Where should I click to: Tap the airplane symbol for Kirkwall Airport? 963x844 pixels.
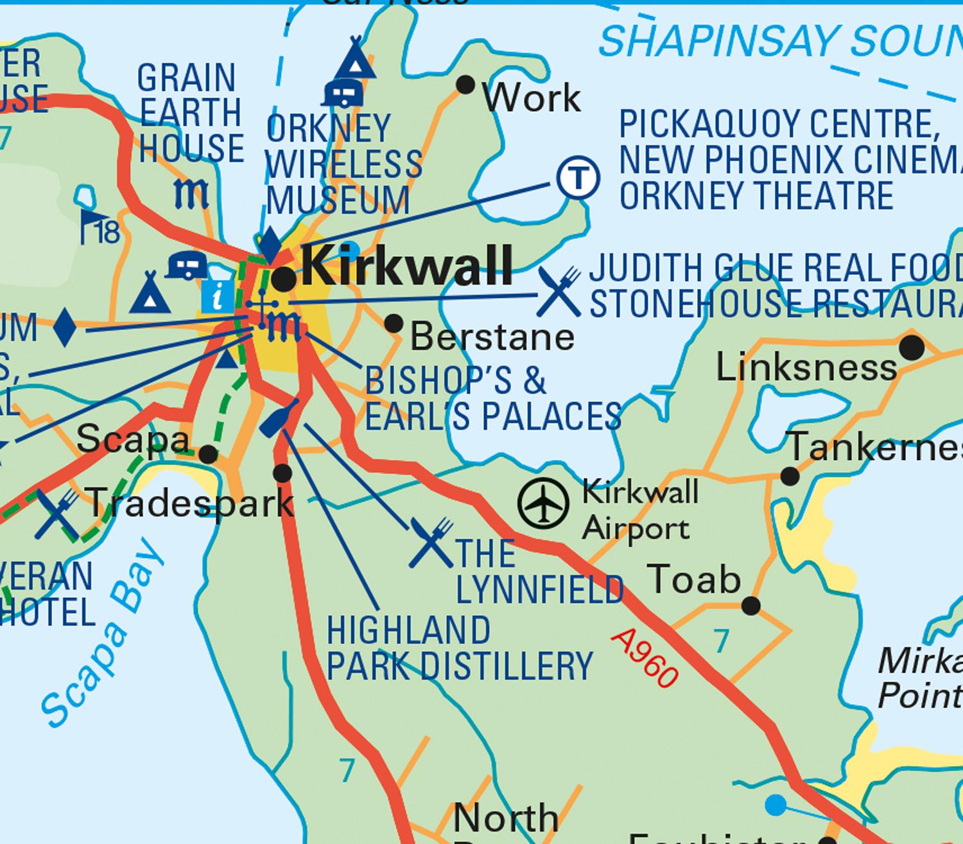point(543,503)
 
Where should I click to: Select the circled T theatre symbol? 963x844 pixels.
point(578,177)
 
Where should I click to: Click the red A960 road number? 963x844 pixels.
point(645,658)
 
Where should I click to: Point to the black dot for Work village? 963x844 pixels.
point(465,85)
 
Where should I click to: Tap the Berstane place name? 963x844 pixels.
point(492,337)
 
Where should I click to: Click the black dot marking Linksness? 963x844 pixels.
point(912,348)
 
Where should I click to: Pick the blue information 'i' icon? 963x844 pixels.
point(218,297)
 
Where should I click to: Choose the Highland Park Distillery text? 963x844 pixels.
point(459,648)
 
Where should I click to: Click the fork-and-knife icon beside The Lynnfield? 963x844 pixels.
point(431,543)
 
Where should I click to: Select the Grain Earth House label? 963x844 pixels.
point(190,113)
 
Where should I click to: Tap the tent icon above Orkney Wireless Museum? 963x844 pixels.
point(354,59)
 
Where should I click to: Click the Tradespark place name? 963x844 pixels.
point(189,502)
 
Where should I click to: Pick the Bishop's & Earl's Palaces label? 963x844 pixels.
point(492,398)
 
